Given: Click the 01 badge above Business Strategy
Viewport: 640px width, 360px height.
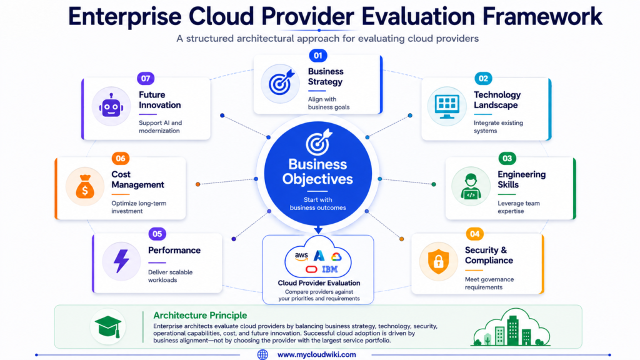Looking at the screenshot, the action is [318, 56].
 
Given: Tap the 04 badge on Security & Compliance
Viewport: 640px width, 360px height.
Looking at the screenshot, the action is [474, 234].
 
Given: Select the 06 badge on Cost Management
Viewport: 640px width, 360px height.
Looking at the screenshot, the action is [121, 158].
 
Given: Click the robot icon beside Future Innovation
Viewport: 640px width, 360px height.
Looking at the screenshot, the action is [111, 106].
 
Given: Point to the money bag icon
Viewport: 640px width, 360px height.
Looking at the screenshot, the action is [85, 186].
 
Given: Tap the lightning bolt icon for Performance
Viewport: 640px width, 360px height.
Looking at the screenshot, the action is [121, 261].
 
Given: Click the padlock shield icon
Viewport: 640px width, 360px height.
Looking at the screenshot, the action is [438, 261].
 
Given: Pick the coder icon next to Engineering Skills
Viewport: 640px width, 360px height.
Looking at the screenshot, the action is [471, 186].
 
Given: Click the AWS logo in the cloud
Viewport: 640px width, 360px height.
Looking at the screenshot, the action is [302, 256].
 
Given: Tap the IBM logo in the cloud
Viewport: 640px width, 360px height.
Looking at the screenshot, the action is [330, 269].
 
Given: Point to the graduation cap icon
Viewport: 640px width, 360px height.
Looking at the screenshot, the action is [108, 326].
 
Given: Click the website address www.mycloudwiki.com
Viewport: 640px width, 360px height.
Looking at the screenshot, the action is [317, 355].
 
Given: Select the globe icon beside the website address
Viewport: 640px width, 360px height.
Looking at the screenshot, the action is [262, 355].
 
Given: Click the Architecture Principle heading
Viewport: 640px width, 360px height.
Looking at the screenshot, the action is [200, 315].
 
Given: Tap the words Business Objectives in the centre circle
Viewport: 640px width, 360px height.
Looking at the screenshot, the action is [317, 171].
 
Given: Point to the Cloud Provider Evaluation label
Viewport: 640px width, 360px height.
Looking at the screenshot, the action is [319, 283].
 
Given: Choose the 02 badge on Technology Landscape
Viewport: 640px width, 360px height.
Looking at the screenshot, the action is [483, 78].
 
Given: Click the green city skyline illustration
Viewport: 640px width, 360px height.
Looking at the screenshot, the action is [512, 327].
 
